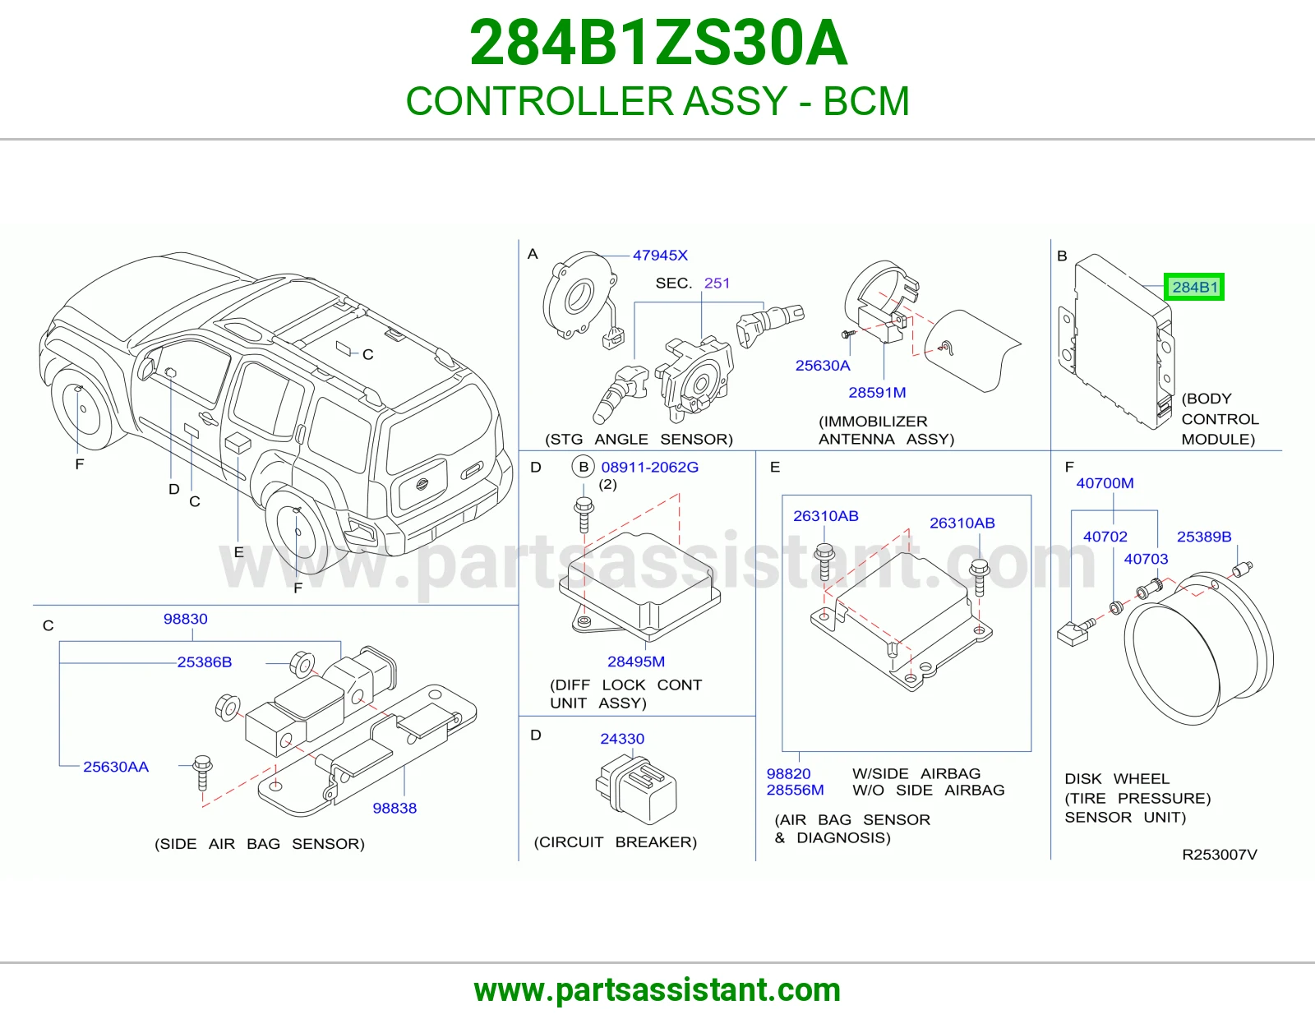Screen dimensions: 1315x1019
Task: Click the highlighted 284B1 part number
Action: click(x=1194, y=287)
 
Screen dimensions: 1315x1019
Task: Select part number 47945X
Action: click(x=660, y=256)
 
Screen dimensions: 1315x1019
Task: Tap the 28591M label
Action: click(x=877, y=392)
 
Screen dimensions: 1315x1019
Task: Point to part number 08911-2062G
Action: click(x=649, y=467)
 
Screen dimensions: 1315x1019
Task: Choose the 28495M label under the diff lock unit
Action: click(x=636, y=662)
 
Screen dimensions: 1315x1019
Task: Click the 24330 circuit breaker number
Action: click(x=622, y=738)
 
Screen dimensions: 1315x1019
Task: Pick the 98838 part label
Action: click(x=394, y=808)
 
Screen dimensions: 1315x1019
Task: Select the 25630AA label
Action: click(x=116, y=767)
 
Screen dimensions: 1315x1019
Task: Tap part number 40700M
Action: click(x=1105, y=483)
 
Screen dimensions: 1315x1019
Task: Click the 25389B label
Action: click(x=1204, y=536)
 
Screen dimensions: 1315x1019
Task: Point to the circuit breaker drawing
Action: click(x=635, y=790)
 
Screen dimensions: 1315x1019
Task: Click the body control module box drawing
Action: click(x=1116, y=341)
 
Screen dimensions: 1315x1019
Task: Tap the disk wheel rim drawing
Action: click(x=1198, y=648)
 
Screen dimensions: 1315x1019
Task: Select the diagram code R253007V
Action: click(x=1220, y=855)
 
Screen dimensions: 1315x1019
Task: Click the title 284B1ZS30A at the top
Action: click(x=657, y=43)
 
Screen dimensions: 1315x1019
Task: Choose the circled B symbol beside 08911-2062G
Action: click(x=584, y=467)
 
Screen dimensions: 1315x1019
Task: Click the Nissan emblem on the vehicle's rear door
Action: click(x=422, y=484)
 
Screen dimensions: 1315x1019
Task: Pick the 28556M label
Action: click(x=796, y=790)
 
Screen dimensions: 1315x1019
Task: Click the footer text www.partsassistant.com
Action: click(x=657, y=990)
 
